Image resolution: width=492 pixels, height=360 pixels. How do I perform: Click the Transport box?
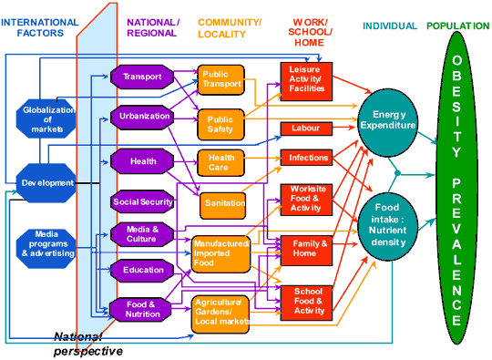click(x=141, y=77)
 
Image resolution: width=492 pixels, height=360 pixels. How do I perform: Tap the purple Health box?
click(x=141, y=160)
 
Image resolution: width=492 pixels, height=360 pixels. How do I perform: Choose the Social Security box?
click(x=143, y=201)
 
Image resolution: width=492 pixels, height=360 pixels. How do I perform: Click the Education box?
click(x=141, y=270)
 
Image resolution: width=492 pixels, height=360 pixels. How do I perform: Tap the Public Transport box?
click(x=221, y=78)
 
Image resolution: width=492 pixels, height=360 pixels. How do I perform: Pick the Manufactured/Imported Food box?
click(x=220, y=254)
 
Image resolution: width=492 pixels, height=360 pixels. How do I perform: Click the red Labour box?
click(x=306, y=129)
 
